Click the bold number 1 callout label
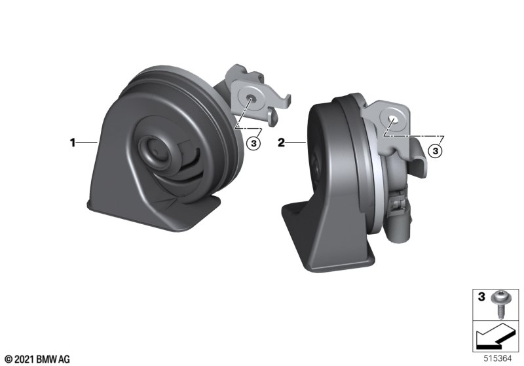pos(73,142)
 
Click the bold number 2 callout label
pos(282,142)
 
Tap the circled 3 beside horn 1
pos(253,143)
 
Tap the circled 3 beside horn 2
pos(435,151)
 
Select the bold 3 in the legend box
pos(481,296)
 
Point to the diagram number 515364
pos(498,359)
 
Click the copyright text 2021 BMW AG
pos(42,359)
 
